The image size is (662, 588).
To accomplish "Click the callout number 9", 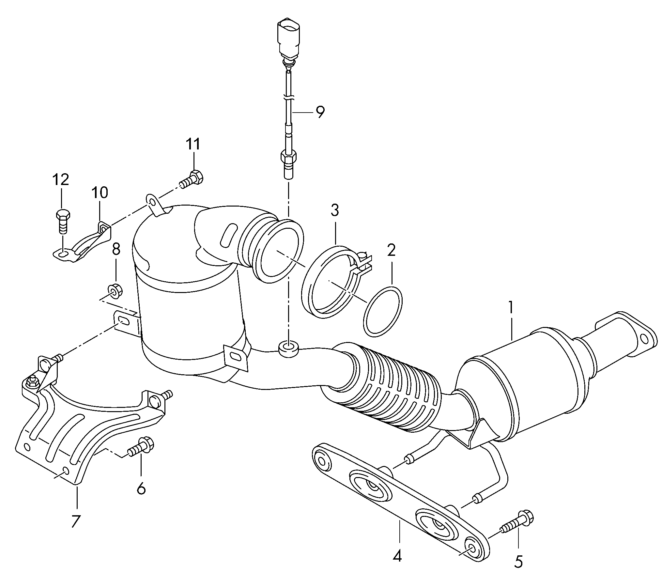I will pyautogui.click(x=320, y=112).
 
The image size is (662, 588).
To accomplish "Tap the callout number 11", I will pyautogui.click(x=193, y=144).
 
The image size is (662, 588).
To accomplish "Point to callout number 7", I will pyautogui.click(x=75, y=521).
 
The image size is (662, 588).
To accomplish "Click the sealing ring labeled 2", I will pyautogui.click(x=382, y=311).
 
